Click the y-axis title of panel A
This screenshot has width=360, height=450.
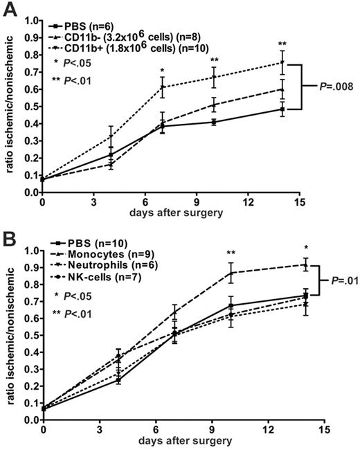[x=9, y=104]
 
